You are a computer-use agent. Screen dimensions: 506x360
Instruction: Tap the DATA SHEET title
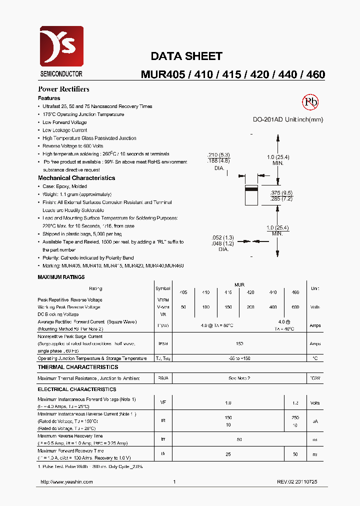click(x=186, y=56)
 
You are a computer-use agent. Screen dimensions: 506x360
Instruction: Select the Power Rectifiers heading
click(x=63, y=89)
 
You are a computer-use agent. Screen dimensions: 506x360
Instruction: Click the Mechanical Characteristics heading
click(x=76, y=178)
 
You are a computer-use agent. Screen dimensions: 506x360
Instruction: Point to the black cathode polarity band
click(x=251, y=189)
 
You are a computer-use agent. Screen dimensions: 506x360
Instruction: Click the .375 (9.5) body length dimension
click(x=281, y=193)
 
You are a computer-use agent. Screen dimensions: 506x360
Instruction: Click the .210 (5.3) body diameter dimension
click(x=218, y=155)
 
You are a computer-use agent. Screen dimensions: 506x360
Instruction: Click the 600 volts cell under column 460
click(x=295, y=307)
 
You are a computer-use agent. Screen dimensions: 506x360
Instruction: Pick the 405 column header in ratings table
click(x=183, y=292)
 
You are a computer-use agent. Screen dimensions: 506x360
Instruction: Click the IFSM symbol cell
click(x=163, y=344)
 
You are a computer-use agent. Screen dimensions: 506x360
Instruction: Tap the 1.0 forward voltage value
click(x=228, y=403)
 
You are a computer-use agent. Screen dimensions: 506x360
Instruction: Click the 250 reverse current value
click(x=295, y=417)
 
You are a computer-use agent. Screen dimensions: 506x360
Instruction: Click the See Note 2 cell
click(x=239, y=378)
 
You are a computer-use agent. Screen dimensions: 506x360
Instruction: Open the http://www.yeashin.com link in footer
click(x=66, y=481)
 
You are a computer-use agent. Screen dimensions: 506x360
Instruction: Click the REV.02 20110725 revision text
click(x=297, y=481)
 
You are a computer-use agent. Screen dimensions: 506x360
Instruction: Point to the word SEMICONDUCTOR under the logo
click(x=61, y=74)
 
